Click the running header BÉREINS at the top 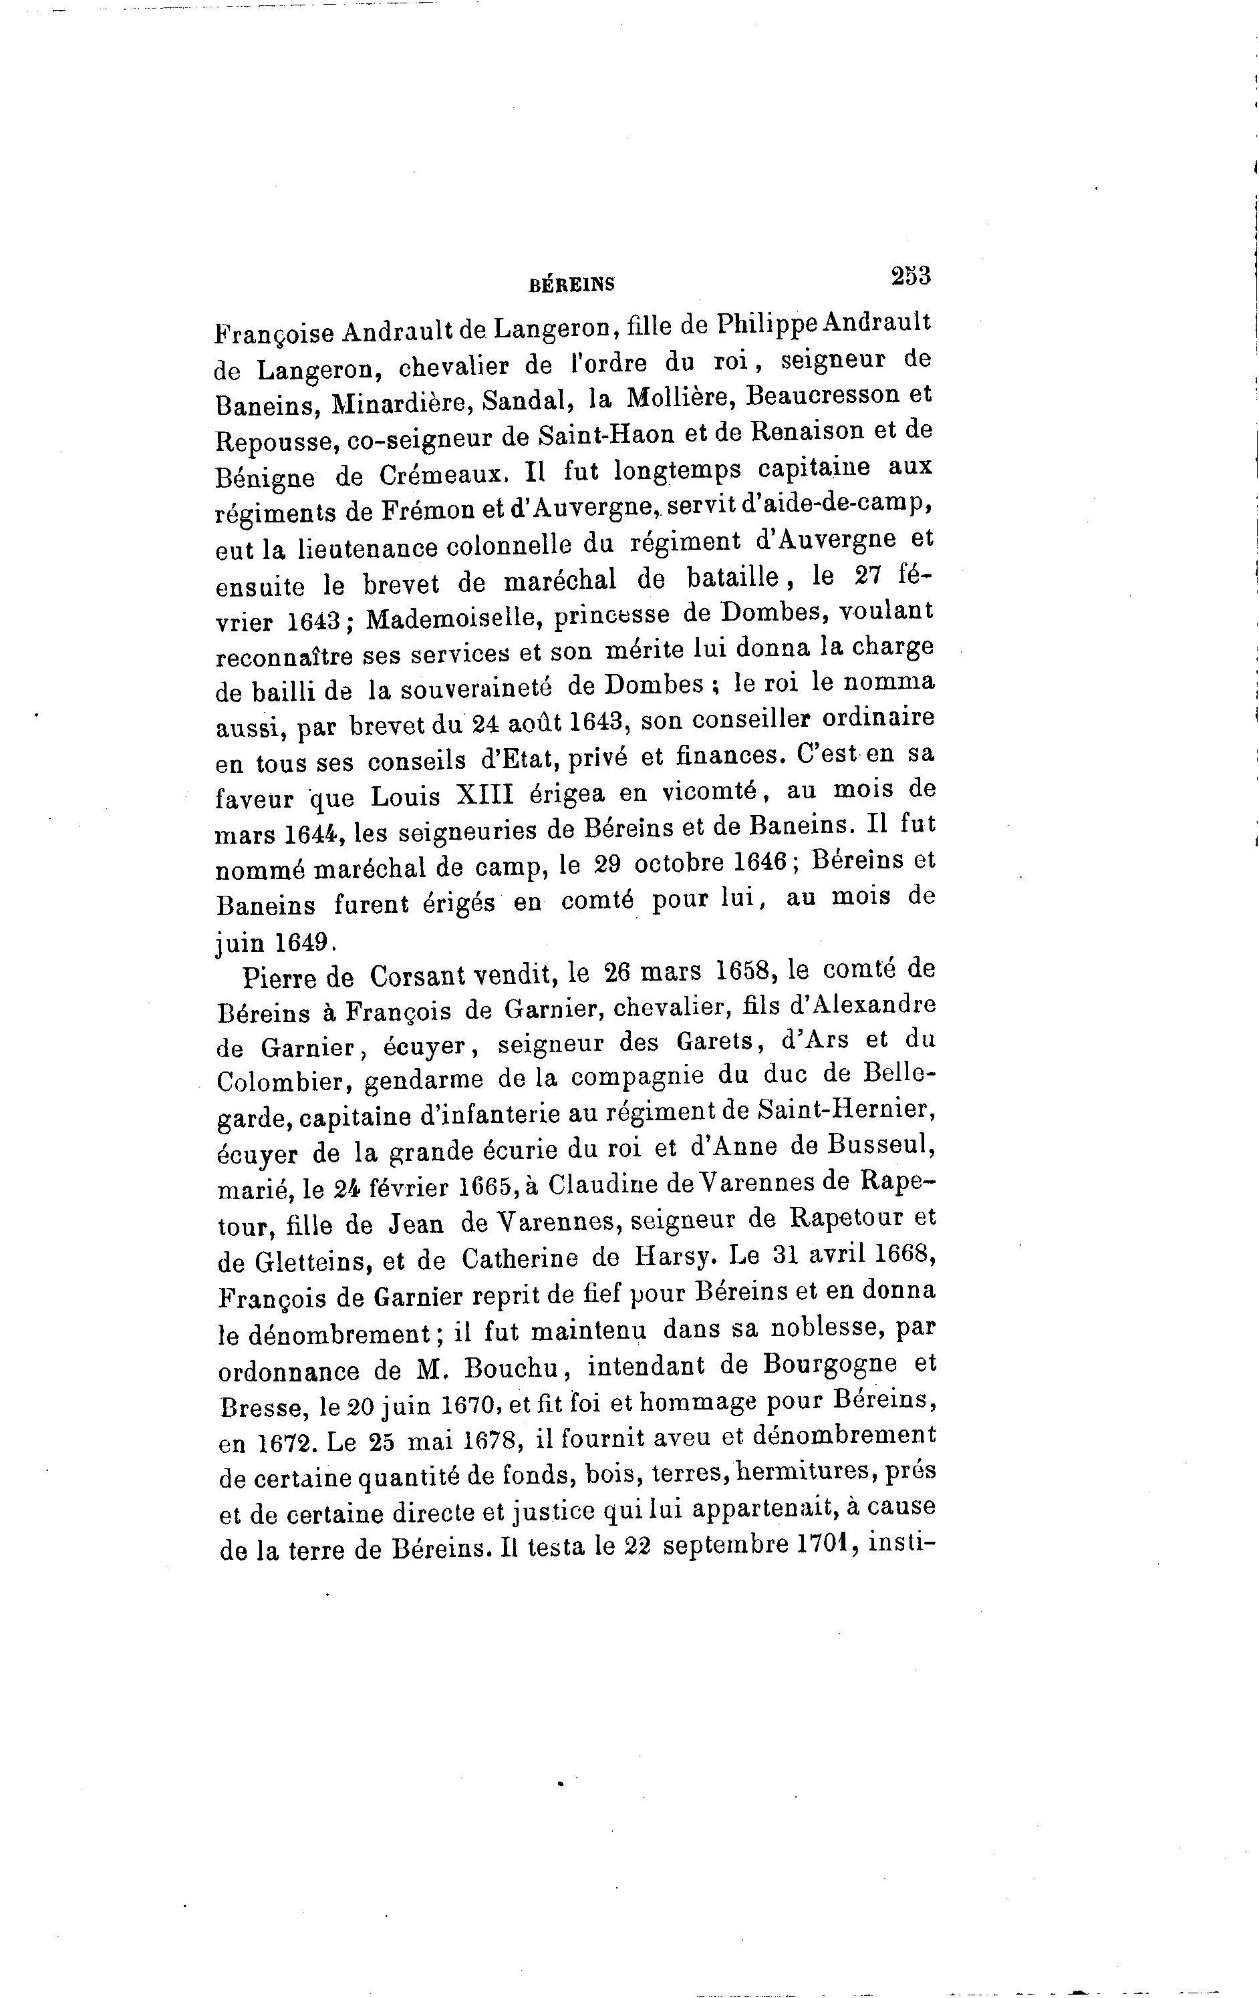point(572,285)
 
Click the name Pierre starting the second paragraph point(282,977)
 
